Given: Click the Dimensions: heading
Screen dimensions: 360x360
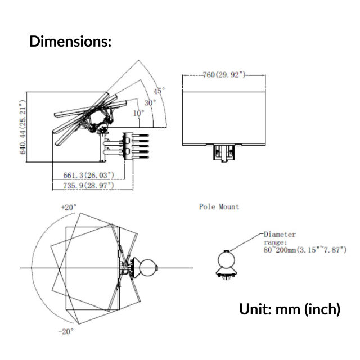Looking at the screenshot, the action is [x=70, y=41].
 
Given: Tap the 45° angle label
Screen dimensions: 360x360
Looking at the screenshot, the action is [x=159, y=91].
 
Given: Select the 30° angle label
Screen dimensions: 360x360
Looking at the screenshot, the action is [x=150, y=102].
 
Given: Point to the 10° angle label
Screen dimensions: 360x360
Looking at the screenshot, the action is [x=139, y=113].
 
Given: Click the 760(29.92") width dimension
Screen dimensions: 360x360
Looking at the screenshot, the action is [x=224, y=75].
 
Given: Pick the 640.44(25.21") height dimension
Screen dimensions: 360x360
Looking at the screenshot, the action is [x=22, y=127].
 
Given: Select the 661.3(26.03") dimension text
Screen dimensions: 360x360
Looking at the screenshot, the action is [x=89, y=175].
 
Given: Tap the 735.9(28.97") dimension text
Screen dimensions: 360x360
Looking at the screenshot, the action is [x=89, y=185].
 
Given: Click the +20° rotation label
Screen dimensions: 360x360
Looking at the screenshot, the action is [x=69, y=208].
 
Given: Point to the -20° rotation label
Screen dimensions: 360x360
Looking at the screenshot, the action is [x=66, y=331].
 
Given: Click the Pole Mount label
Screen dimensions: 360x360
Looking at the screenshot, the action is [x=219, y=207].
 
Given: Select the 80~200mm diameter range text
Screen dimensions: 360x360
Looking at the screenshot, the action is [x=305, y=250].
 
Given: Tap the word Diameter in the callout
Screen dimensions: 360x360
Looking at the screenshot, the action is [x=280, y=235].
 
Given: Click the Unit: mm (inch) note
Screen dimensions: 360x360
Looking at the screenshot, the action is [x=290, y=309].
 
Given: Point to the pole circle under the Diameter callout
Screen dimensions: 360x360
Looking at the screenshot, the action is [x=226, y=260].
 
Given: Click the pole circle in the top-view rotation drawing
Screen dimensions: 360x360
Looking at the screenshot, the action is [x=148, y=268].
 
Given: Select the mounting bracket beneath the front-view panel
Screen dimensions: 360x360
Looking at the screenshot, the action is [x=224, y=153].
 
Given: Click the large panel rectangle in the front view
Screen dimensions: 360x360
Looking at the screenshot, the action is [x=224, y=119].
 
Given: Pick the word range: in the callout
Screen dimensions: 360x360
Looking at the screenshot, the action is [x=275, y=242].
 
